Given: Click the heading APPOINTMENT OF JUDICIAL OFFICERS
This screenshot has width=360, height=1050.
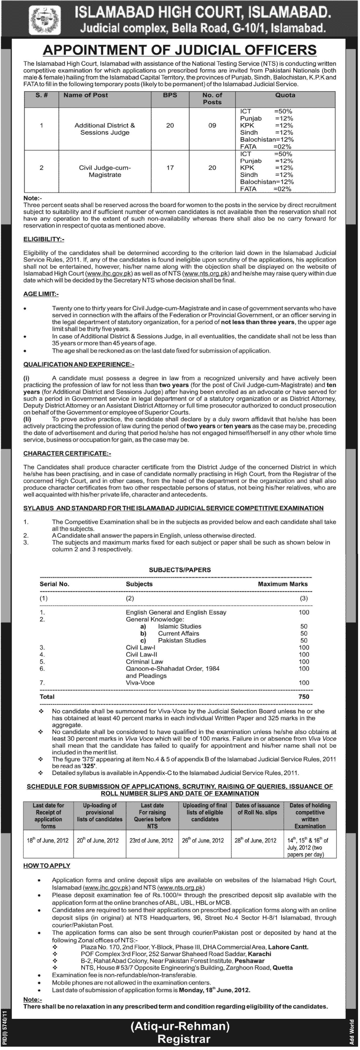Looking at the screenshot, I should [180, 50].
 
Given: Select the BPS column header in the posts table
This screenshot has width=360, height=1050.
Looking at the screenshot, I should [170, 95].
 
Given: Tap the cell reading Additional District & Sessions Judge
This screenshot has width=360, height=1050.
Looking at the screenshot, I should [105, 129].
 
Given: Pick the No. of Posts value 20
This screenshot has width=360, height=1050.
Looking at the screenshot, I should [212, 168].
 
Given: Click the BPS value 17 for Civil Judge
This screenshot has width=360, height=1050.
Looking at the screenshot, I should [170, 168].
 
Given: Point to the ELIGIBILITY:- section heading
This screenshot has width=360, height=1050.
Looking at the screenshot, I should [43, 239].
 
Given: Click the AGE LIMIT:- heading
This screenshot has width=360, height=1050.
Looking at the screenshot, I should [41, 294].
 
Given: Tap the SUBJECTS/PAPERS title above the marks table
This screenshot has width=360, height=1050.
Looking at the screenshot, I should [180, 570].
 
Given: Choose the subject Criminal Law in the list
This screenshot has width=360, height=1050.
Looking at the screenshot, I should [144, 662].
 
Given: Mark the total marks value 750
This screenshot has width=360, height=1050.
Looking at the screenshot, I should [303, 697].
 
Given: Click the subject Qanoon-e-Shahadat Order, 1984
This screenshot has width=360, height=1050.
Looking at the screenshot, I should [172, 668].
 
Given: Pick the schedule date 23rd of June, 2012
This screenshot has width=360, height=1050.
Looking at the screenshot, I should [152, 840].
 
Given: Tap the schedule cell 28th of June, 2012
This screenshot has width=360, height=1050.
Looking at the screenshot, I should [256, 840].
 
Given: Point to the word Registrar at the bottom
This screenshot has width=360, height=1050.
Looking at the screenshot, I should [184, 1039].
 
